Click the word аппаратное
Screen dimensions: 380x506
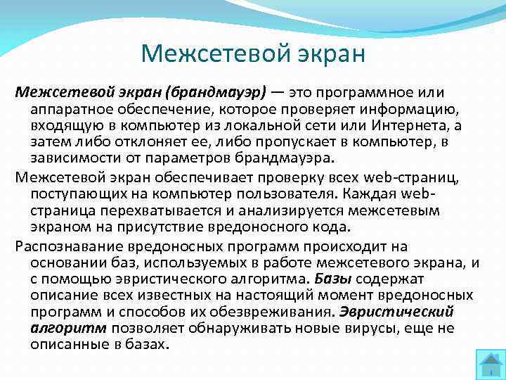pos(73,109)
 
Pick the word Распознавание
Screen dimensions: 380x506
pos(69,246)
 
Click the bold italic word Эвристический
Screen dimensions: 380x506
pos(397,312)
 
